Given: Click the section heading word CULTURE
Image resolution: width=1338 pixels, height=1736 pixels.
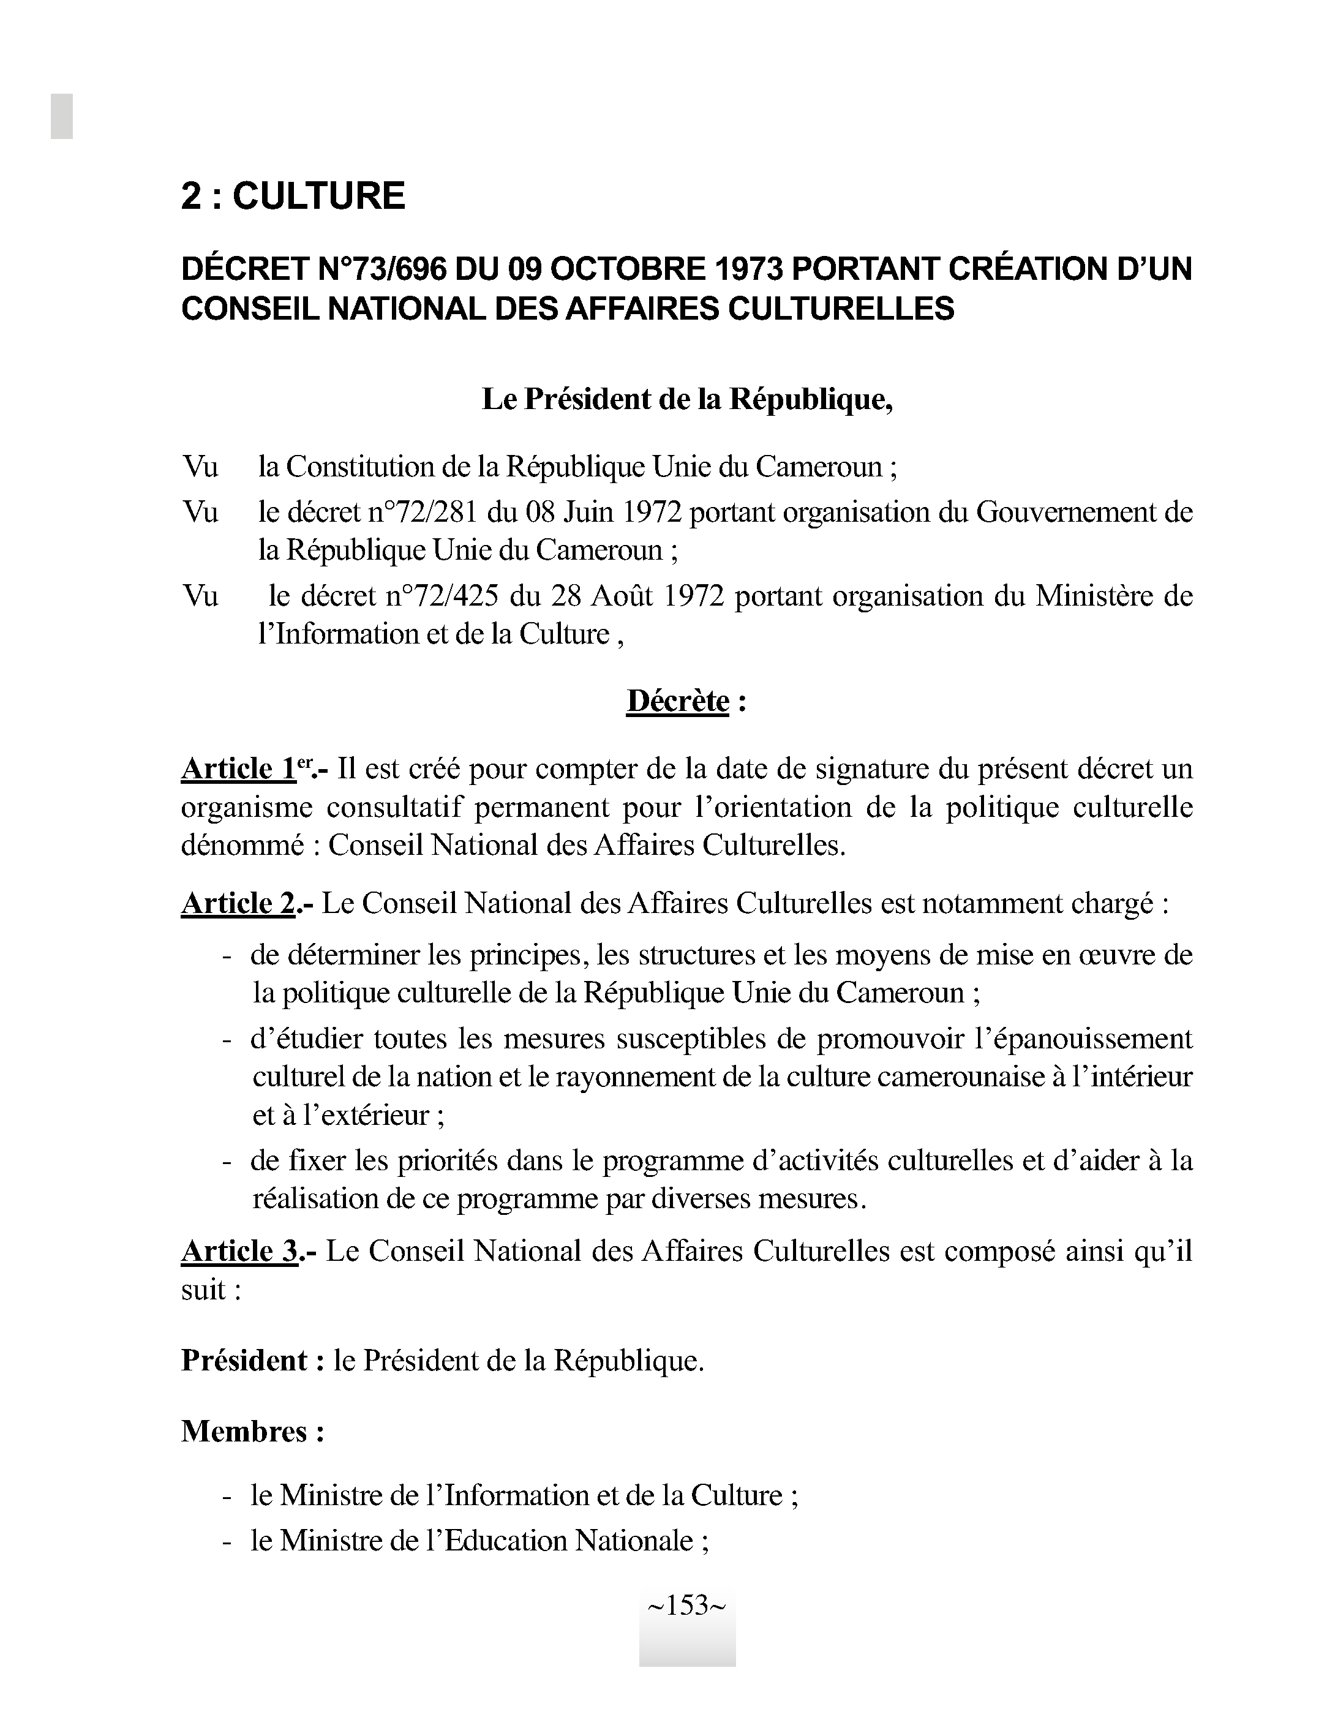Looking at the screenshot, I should pos(318,195).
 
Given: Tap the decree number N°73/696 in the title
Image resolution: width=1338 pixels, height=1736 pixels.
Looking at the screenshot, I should pos(385,269).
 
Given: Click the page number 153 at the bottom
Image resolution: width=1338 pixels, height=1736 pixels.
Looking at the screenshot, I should pos(687,1605).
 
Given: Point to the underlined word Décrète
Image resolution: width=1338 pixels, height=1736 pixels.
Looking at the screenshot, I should pos(677,701).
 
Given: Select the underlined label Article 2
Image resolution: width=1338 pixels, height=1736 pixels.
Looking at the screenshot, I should pos(238,904).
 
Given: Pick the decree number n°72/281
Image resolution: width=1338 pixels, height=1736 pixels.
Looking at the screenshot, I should pos(423,513).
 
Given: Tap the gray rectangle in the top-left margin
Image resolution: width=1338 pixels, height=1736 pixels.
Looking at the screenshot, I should pos(62,116).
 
